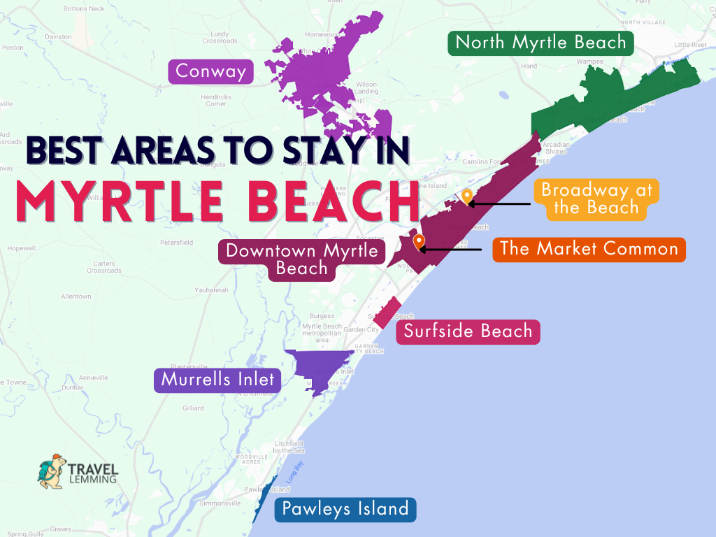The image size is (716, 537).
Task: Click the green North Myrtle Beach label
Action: click(540, 43)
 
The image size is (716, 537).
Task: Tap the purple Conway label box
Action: click(210, 71)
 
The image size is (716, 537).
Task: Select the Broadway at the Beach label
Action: click(591, 199)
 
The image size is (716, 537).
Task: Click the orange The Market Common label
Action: click(589, 249)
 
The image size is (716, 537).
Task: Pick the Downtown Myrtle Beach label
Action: click(301, 259)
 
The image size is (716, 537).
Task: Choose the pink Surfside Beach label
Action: click(468, 331)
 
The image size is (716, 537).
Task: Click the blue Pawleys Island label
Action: click(345, 508)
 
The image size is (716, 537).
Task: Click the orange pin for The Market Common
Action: click(419, 242)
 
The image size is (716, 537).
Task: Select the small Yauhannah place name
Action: click(212, 290)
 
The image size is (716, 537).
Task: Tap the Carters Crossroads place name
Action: click(104, 267)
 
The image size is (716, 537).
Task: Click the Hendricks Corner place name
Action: click(215, 100)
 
